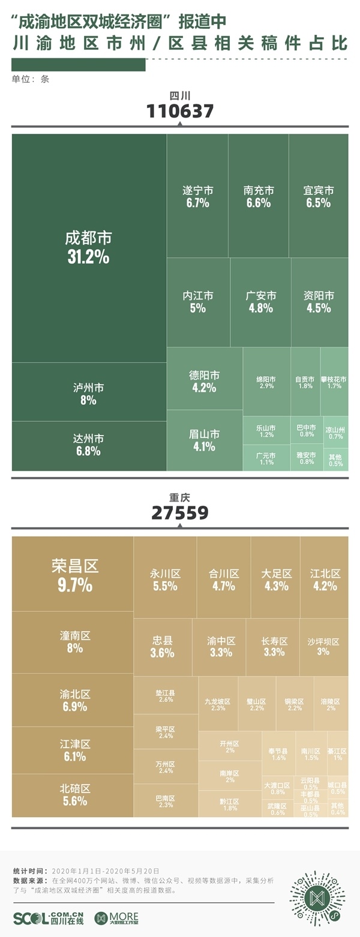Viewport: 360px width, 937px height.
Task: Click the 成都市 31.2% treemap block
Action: [89, 247]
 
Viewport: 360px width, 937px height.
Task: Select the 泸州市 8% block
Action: [89, 392]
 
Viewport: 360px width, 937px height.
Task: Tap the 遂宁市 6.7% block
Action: [197, 196]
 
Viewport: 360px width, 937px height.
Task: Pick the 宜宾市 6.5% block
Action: [319, 196]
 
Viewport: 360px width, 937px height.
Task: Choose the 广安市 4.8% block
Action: [260, 302]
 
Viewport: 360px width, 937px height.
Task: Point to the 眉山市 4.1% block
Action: [205, 440]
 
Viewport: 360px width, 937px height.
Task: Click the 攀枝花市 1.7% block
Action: [334, 382]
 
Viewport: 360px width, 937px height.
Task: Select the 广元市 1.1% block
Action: [266, 458]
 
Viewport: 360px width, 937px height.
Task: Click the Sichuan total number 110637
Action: [180, 111]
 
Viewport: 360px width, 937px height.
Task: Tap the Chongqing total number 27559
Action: [180, 512]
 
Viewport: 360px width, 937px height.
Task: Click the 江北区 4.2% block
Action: [325, 579]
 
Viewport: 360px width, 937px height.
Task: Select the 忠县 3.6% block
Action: [162, 647]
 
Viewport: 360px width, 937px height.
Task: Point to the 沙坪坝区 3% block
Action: [323, 647]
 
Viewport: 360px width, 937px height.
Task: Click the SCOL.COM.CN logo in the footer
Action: [48, 918]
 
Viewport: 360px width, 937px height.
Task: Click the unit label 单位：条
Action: [30, 79]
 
